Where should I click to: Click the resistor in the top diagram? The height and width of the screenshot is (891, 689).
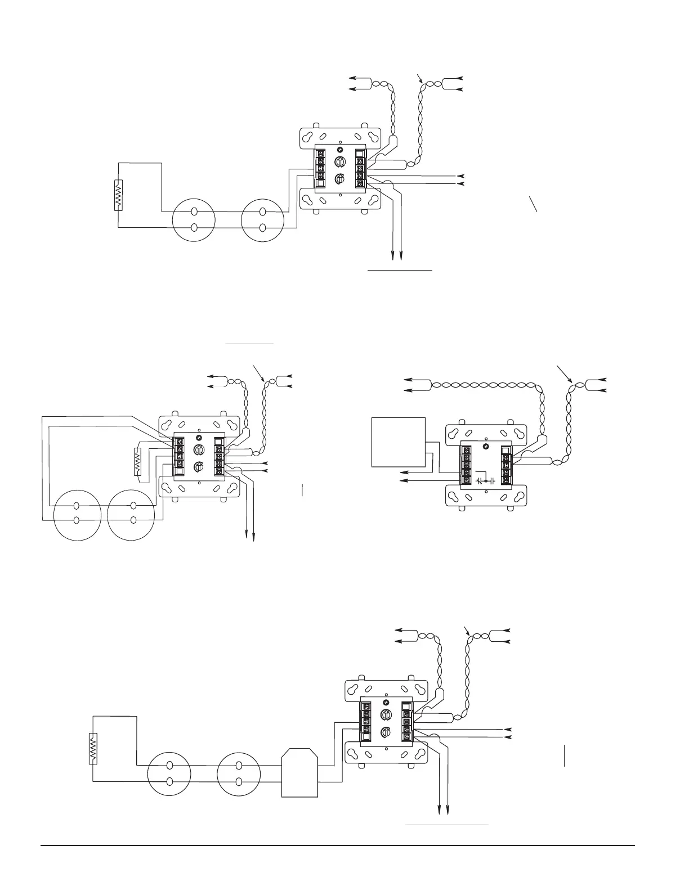click(x=119, y=195)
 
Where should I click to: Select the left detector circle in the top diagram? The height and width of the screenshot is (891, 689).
click(x=194, y=219)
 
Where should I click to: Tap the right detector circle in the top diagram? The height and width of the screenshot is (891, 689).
click(x=262, y=219)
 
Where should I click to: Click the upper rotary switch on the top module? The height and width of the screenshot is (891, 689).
click(x=340, y=162)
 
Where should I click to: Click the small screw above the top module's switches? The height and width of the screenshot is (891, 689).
click(x=340, y=150)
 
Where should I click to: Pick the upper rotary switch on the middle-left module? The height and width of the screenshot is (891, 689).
click(x=198, y=450)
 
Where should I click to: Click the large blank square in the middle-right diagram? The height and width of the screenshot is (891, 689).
click(x=399, y=442)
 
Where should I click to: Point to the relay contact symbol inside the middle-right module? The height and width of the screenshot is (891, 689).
click(x=485, y=481)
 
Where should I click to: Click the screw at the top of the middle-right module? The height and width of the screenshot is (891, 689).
click(x=486, y=447)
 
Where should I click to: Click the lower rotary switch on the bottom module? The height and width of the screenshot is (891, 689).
click(x=386, y=732)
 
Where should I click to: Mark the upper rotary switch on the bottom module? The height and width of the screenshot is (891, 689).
click(x=386, y=715)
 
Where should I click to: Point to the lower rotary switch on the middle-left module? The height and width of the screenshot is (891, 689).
click(x=198, y=467)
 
